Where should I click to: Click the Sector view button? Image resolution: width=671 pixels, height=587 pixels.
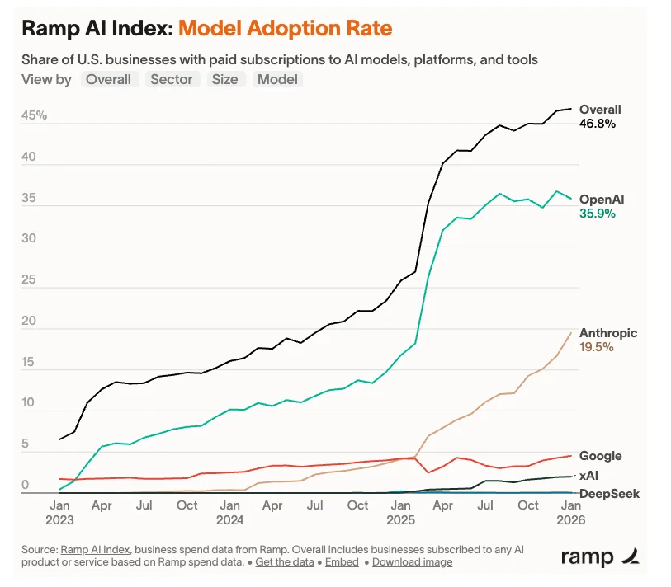[x=172, y=79]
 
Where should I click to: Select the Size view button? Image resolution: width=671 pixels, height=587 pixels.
[x=224, y=79]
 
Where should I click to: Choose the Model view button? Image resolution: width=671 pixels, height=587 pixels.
[x=278, y=79]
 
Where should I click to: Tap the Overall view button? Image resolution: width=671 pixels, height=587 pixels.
[x=109, y=79]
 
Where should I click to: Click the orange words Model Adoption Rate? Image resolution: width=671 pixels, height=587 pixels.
[x=285, y=29]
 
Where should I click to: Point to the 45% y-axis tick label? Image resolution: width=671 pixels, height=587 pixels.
[x=35, y=116]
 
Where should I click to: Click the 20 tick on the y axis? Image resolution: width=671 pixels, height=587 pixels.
[x=29, y=322]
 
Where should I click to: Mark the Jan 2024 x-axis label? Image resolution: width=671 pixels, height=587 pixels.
[x=230, y=512]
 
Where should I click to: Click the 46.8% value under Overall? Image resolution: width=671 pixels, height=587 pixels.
[x=598, y=124]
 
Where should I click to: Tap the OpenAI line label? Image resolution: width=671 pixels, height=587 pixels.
[x=601, y=200]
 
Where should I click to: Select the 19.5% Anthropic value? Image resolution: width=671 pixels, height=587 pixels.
[x=597, y=347]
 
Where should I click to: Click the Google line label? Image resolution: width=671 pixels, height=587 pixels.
[x=600, y=456]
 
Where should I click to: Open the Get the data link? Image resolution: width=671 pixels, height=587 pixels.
[x=284, y=561]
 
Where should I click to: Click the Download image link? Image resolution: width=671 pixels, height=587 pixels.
[x=412, y=561]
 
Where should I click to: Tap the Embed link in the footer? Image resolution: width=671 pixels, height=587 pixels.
[x=342, y=561]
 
